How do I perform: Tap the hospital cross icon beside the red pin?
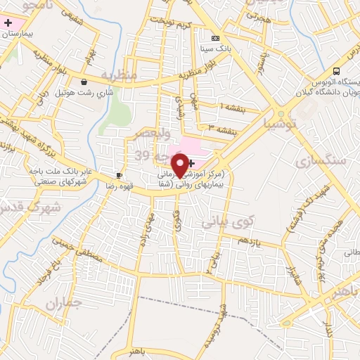point(192,162)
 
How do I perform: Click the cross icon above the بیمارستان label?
point(8,23)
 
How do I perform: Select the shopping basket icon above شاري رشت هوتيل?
point(84,81)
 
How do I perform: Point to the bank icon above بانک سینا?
point(215,38)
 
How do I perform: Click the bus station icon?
point(337,71)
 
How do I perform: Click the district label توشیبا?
point(281,124)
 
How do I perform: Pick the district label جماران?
point(65,303)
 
